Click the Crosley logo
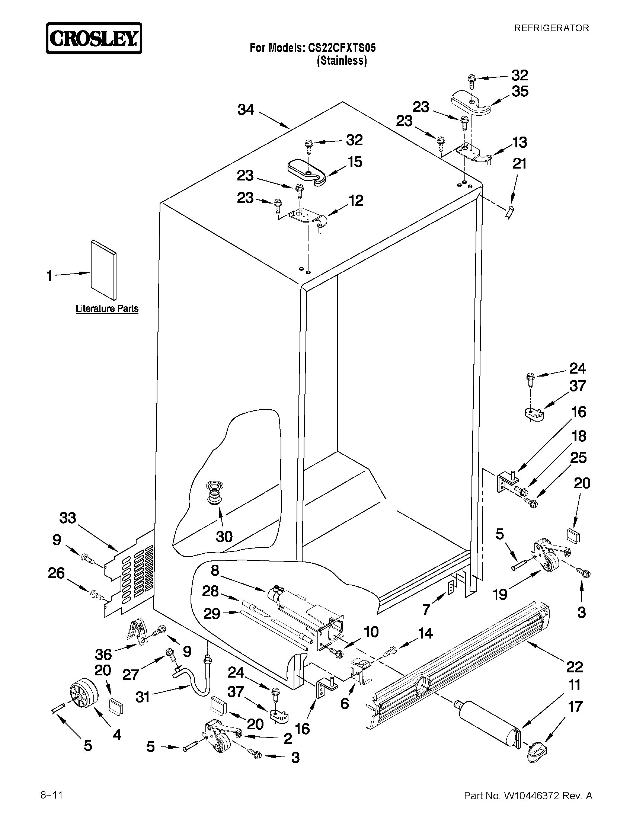[94, 39]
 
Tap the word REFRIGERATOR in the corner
[551, 28]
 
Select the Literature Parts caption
[107, 308]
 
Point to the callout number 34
[246, 110]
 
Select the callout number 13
[520, 143]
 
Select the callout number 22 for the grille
[574, 667]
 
